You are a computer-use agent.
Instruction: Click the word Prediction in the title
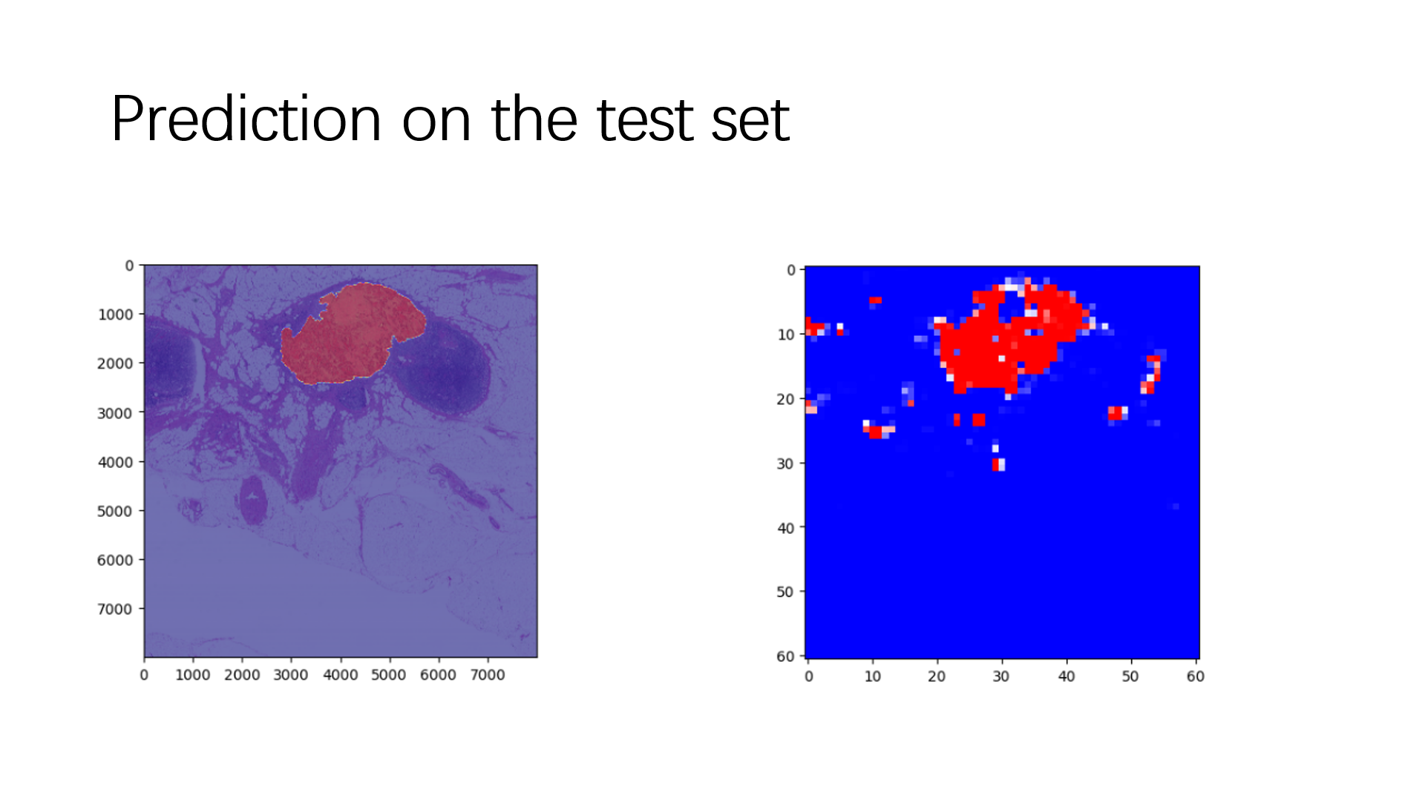[245, 120]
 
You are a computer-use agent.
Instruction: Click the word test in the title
[644, 120]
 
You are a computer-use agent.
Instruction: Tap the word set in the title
[750, 120]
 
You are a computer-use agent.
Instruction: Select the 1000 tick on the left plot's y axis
[115, 314]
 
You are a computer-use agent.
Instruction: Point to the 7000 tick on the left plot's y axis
[115, 609]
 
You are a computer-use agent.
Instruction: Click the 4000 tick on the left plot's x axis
[340, 675]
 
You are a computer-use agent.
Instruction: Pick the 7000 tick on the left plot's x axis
[487, 675]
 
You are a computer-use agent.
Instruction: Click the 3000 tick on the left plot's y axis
[115, 413]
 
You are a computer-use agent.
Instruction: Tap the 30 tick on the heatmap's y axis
[785, 464]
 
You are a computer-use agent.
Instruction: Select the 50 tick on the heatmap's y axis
[785, 592]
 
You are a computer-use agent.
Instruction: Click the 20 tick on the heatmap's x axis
[937, 676]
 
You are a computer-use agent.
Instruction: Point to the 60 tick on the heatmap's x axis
[1195, 676]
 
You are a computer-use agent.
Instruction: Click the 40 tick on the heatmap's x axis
[1066, 676]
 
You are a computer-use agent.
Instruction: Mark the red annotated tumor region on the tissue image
[349, 334]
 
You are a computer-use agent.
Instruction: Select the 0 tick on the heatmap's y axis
[791, 270]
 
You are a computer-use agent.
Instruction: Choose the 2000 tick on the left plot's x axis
[242, 675]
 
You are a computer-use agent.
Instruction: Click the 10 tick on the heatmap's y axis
[785, 334]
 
